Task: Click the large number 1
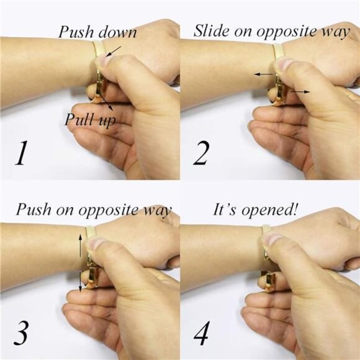click(x=21, y=153)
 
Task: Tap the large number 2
click(x=201, y=153)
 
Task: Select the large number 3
click(x=21, y=333)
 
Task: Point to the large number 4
click(x=201, y=333)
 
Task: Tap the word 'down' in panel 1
click(x=117, y=32)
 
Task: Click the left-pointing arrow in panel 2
click(x=264, y=74)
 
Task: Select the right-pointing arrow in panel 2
click(x=300, y=92)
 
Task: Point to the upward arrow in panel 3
click(x=80, y=245)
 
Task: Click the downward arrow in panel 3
click(x=80, y=281)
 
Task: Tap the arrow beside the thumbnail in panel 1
click(x=114, y=51)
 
